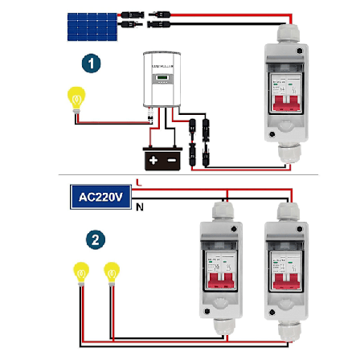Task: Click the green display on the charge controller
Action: point(164,78)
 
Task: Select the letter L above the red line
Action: point(141,184)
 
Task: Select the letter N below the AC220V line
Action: point(141,208)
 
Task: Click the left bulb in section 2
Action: point(81,272)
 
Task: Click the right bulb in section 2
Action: point(111,272)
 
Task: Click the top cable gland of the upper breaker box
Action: point(285,35)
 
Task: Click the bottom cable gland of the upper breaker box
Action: point(285,153)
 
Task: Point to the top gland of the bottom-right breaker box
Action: point(287,211)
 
